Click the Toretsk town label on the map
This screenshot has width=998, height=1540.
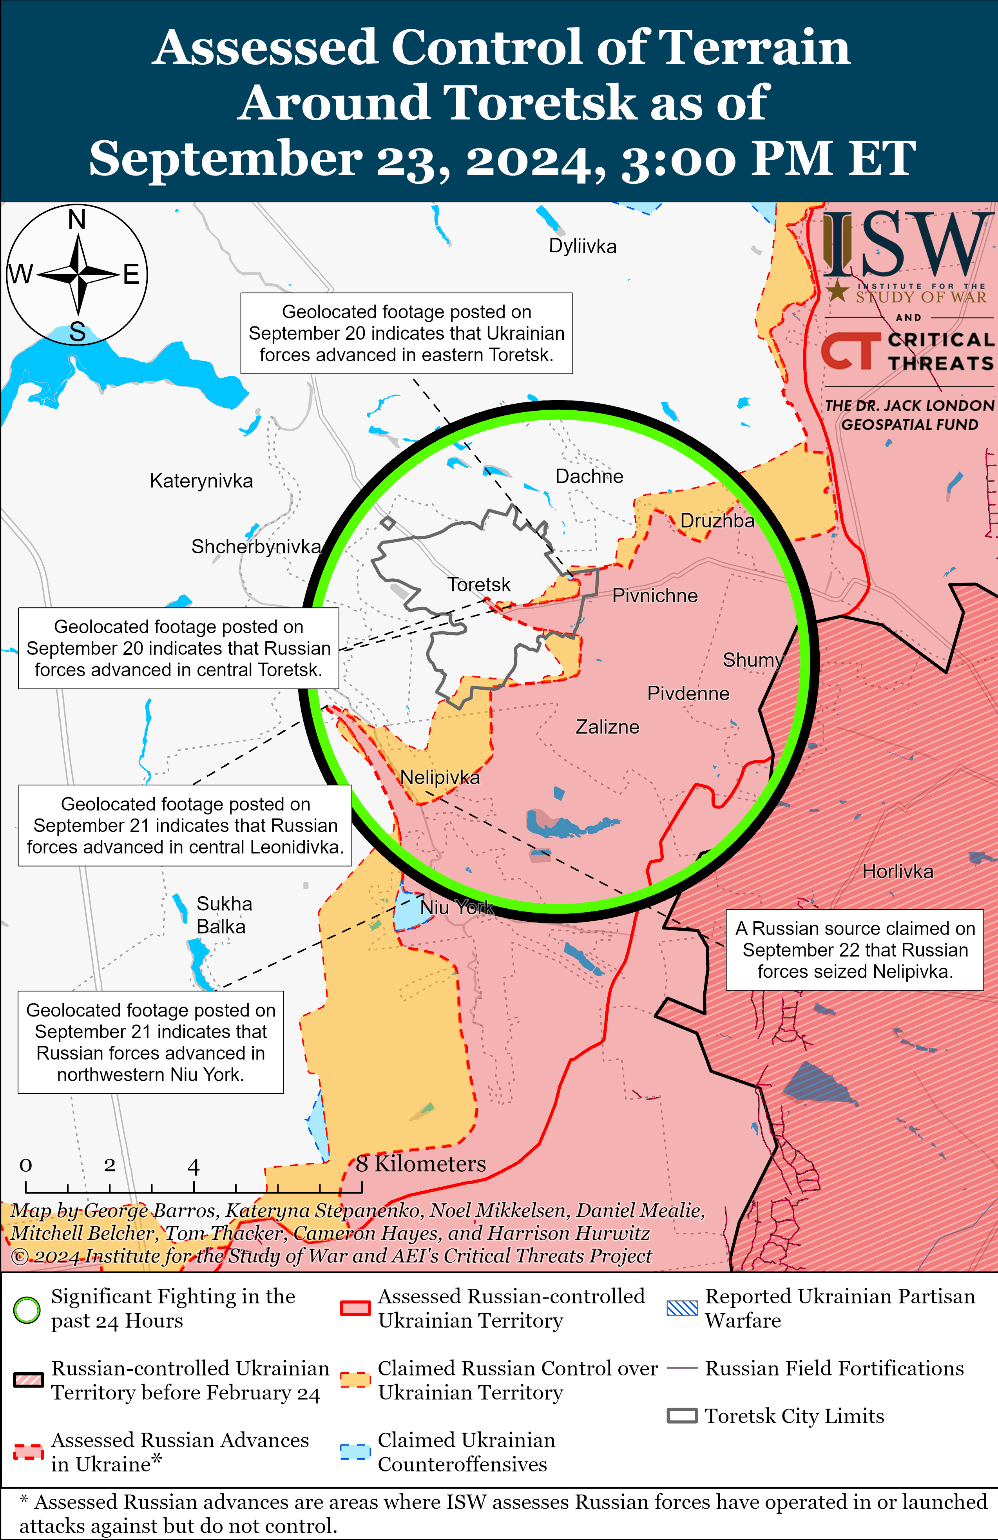(x=478, y=585)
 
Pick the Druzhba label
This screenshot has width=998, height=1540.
(x=717, y=521)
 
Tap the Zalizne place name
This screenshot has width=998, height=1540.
(x=607, y=727)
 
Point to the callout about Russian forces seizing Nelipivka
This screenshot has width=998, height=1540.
(x=854, y=950)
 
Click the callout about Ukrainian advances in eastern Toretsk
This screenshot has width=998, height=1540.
(x=406, y=333)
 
